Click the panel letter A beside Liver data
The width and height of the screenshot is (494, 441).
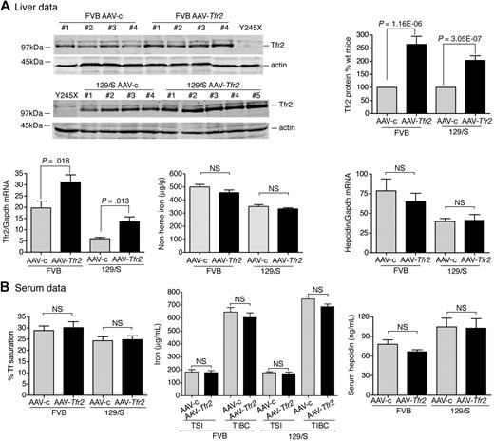pos(7,8)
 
